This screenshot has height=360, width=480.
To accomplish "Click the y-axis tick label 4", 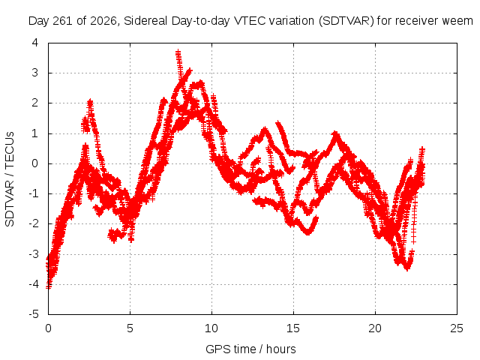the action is (35, 43).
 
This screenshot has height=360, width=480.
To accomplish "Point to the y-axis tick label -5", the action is (34, 314).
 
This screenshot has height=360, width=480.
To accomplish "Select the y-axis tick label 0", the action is (35, 163).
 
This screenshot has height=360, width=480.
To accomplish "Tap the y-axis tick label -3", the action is (34, 254).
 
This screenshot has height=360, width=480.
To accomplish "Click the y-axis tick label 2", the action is (35, 103).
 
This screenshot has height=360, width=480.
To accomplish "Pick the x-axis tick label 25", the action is (457, 328).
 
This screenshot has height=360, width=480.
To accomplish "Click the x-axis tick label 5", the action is (130, 328).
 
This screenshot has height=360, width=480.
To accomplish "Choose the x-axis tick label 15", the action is (293, 328).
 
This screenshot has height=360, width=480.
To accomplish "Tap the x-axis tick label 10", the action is (211, 328).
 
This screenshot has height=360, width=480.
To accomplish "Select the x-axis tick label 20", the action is (375, 328).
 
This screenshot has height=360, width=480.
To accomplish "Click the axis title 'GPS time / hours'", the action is (250, 349).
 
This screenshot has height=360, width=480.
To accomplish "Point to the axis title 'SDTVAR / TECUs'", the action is (10, 179).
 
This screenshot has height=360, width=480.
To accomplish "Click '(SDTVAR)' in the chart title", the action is (346, 21).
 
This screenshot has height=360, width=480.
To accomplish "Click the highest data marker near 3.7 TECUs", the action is (178, 52).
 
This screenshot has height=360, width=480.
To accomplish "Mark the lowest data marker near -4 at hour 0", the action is (49, 286).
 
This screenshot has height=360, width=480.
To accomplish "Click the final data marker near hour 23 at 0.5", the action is (422, 150).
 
